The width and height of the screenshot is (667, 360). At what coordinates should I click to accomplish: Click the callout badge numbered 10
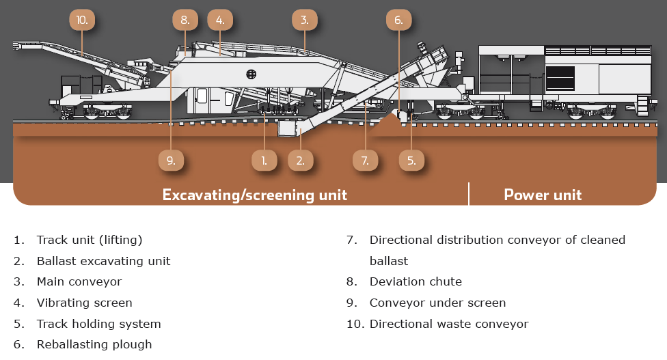[82, 20]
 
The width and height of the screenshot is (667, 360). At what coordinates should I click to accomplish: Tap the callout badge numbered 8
[185, 20]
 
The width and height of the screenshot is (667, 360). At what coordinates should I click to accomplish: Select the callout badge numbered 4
[220, 20]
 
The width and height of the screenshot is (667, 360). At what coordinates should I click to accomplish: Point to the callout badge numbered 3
[305, 20]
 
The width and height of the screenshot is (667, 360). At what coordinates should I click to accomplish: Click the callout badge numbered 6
[398, 20]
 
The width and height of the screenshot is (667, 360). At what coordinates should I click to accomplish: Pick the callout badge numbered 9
[171, 161]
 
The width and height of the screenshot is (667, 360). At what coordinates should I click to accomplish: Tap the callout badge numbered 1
[264, 161]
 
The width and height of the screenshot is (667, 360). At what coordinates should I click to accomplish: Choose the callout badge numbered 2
[301, 161]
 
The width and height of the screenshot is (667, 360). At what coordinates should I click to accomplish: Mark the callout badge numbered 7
[365, 161]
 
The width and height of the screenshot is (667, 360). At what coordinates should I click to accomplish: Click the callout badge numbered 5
[411, 161]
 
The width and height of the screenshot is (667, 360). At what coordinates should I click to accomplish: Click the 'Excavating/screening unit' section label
[254, 195]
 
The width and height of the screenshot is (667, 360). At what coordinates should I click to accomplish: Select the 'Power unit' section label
[543, 195]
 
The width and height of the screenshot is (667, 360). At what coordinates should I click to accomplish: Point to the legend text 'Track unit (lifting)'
[90, 240]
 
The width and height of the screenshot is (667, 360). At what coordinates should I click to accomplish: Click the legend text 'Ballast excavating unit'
[103, 261]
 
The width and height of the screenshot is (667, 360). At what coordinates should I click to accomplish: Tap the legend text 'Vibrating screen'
[84, 303]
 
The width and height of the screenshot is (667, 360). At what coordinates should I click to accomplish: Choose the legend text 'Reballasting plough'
[94, 344]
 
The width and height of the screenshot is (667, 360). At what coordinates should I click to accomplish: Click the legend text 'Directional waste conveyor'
[448, 324]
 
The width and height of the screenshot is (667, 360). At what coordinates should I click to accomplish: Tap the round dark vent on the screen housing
[251, 73]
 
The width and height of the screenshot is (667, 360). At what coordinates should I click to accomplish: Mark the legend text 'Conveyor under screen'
[437, 303]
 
